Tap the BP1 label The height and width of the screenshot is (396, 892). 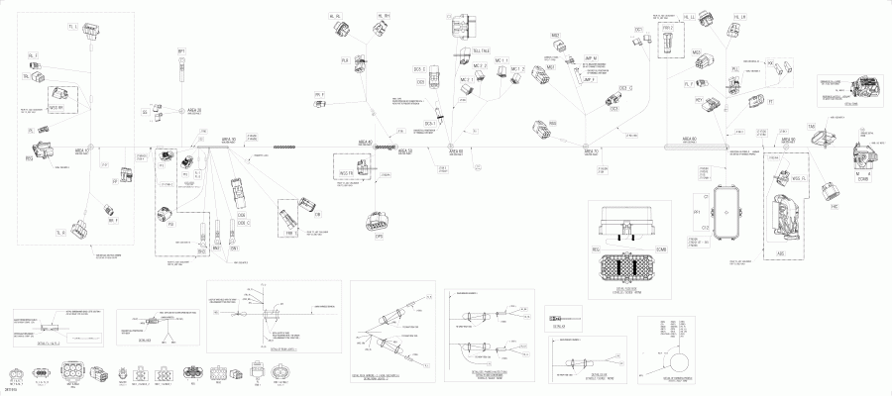181,49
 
